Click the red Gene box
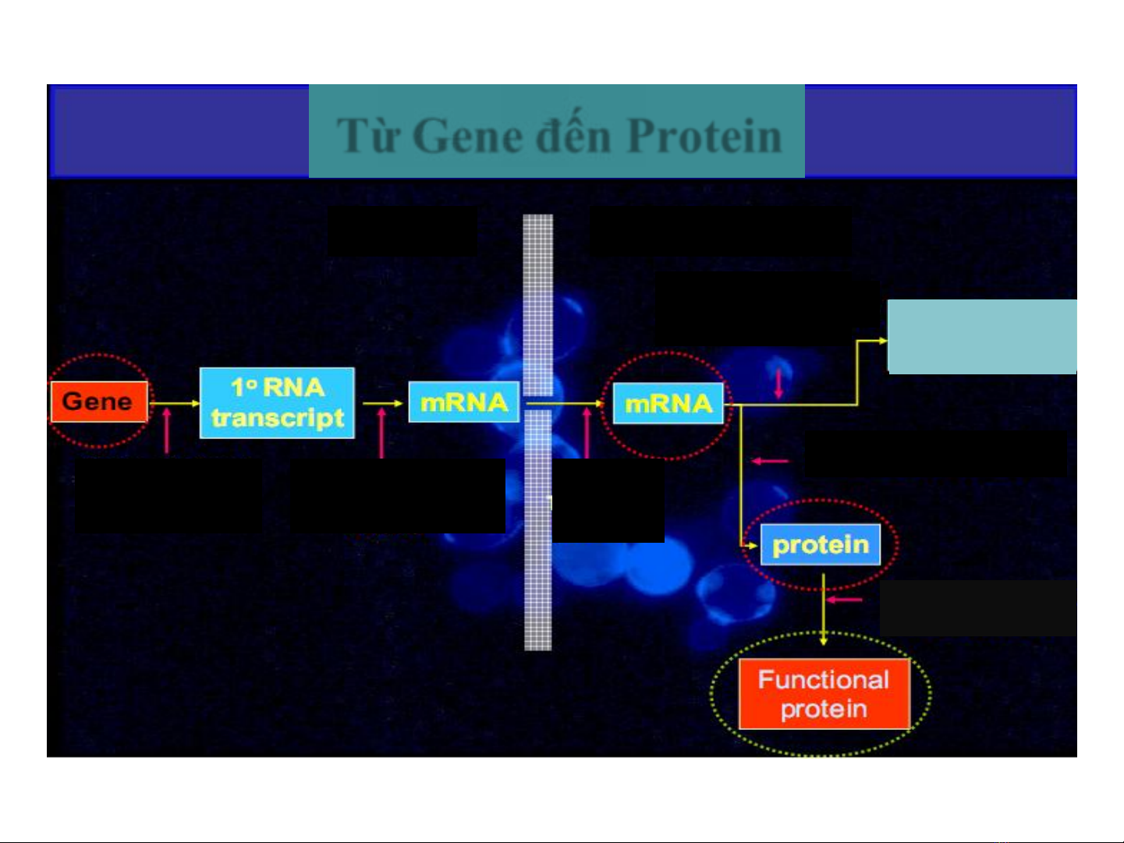99,402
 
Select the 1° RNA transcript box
277,403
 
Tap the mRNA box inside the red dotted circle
668,403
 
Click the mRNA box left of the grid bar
464,402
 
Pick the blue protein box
821,544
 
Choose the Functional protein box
824,694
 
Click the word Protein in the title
704,136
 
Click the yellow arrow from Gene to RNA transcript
175,403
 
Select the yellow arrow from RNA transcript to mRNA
382,403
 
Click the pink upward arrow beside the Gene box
166,431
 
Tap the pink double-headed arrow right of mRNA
778,384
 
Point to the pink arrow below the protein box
845,600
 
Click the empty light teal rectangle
982,336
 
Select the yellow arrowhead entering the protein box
752,546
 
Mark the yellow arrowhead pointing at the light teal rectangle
882,340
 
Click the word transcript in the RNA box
278,418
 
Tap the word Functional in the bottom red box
824,680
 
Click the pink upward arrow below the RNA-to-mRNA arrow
381,433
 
